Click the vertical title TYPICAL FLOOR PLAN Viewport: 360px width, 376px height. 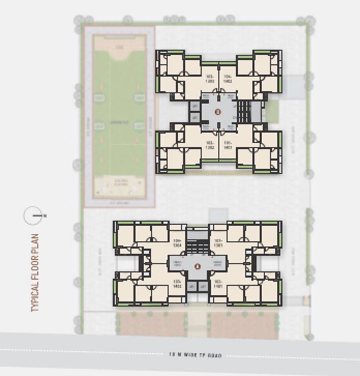click(35, 273)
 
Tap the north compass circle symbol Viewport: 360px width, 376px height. click(33, 216)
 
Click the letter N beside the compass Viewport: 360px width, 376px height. click(45, 216)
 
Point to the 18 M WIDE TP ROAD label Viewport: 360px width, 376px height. click(195, 355)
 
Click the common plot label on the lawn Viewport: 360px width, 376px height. click(119, 121)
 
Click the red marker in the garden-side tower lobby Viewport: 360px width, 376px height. click(218, 112)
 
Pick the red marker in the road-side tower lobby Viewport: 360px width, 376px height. click(197, 266)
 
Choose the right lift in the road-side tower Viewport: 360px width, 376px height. click(202, 286)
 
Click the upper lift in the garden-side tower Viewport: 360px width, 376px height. click(195, 106)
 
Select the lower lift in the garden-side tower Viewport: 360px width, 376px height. click(195, 118)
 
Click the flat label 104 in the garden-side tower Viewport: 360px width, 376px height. click(227, 78)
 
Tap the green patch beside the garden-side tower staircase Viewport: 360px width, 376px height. click(272, 111)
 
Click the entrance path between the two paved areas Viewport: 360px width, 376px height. click(197, 324)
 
